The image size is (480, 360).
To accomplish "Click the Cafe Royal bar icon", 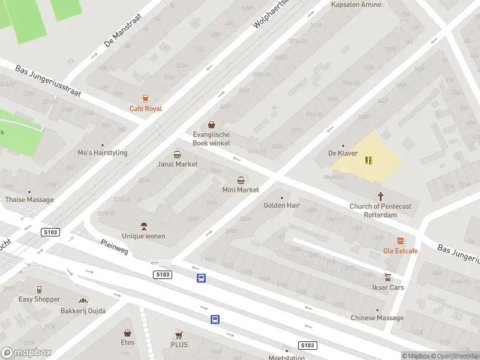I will click(145, 98).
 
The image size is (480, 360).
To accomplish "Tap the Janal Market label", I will click(177, 164).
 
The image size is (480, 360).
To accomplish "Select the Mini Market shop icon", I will click(241, 180).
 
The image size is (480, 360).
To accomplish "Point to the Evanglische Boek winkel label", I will click(211, 139).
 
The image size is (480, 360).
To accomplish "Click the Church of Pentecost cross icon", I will click(380, 196).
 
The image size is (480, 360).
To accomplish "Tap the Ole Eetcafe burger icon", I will click(400, 240).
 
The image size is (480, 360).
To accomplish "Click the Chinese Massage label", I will click(377, 318).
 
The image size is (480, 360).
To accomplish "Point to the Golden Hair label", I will click(281, 205).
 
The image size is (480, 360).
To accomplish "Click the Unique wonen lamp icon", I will click(143, 226).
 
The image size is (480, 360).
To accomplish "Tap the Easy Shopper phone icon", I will click(39, 289).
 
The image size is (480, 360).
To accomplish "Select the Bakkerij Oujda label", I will click(83, 311).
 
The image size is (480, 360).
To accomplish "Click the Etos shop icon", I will click(127, 332).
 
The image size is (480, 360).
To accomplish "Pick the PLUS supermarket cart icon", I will click(179, 335).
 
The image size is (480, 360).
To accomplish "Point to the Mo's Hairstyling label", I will click(103, 152).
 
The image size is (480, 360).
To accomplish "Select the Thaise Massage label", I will click(29, 199).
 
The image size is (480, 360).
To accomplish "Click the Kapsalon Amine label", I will click(356, 5).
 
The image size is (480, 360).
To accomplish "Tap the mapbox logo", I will click(25, 353).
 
